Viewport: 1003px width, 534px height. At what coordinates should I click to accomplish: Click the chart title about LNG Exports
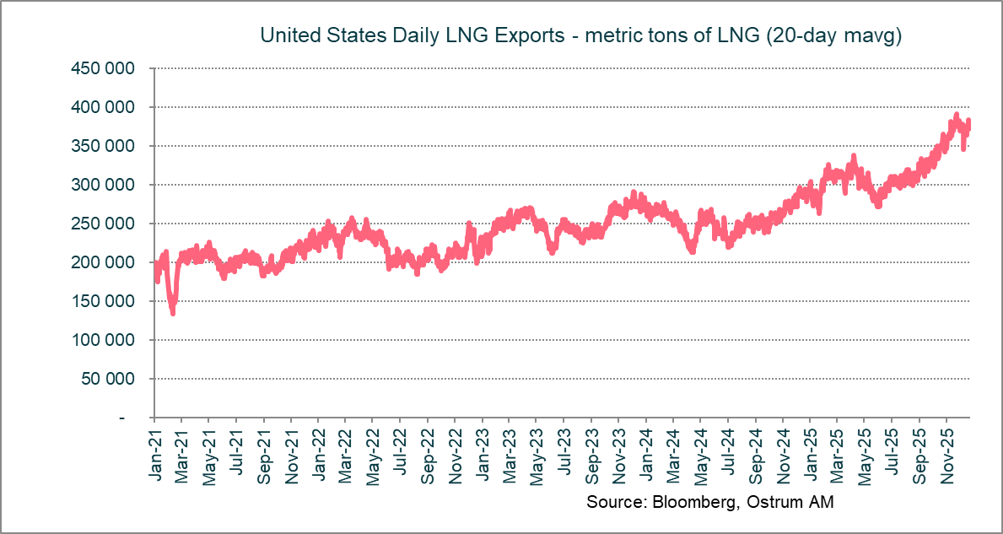pos(581,35)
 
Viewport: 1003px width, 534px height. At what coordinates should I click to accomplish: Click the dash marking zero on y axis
pos(123,418)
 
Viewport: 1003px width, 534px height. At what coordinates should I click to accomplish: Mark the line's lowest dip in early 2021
pos(173,313)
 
